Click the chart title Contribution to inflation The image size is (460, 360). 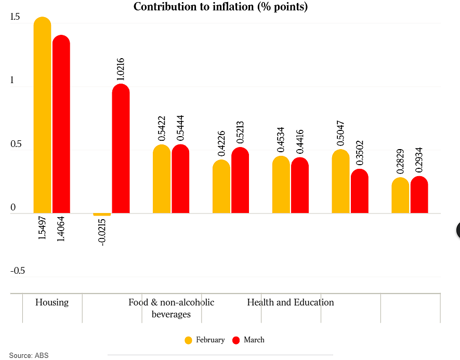point(220,6)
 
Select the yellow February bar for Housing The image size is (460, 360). point(43,115)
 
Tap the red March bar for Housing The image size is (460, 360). point(61,124)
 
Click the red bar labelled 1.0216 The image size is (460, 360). point(121,149)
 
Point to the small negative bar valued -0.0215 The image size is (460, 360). point(102,215)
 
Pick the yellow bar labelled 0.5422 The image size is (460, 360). point(162,179)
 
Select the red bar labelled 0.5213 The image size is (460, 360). point(240,180)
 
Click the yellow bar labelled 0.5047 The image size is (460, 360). point(340,181)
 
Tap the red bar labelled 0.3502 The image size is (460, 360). point(360,191)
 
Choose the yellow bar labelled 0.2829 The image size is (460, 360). point(400,195)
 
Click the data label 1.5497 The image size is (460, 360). point(43,228)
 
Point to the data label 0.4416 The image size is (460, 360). point(300,142)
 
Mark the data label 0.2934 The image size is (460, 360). point(419,160)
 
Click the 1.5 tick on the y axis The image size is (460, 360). point(15,17)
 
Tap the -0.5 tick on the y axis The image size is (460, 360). point(18,271)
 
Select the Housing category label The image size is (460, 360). point(52,302)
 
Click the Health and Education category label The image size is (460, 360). point(291,302)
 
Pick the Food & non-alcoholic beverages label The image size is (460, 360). point(172,308)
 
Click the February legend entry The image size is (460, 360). point(205,340)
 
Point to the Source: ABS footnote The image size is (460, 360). point(29,355)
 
